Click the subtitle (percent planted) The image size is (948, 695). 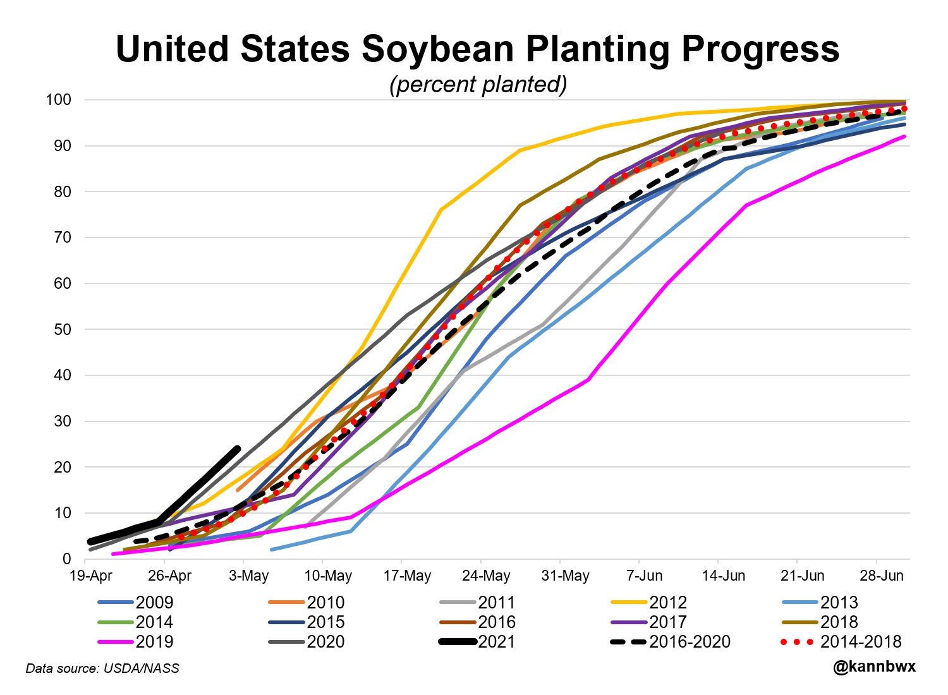tap(478, 84)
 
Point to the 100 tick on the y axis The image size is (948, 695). tap(58, 100)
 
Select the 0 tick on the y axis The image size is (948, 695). tap(66, 559)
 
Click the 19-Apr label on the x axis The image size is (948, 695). tap(91, 576)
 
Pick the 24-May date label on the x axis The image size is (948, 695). tap(486, 576)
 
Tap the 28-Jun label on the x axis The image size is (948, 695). tap(882, 576)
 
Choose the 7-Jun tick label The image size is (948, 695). tap(645, 576)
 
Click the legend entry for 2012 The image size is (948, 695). tap(667, 603)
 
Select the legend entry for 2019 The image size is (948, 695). tap(154, 642)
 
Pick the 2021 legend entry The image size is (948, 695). tap(496, 642)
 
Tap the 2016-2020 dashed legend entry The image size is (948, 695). tap(690, 642)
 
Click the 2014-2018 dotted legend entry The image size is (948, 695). tap(860, 642)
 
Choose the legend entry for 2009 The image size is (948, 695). tap(154, 603)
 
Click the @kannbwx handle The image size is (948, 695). tap(874, 667)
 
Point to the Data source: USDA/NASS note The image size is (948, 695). tap(102, 668)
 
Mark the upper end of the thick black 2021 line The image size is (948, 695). tap(237, 449)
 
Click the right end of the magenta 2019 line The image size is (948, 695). tap(905, 136)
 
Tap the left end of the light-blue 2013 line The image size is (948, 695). tap(272, 550)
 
